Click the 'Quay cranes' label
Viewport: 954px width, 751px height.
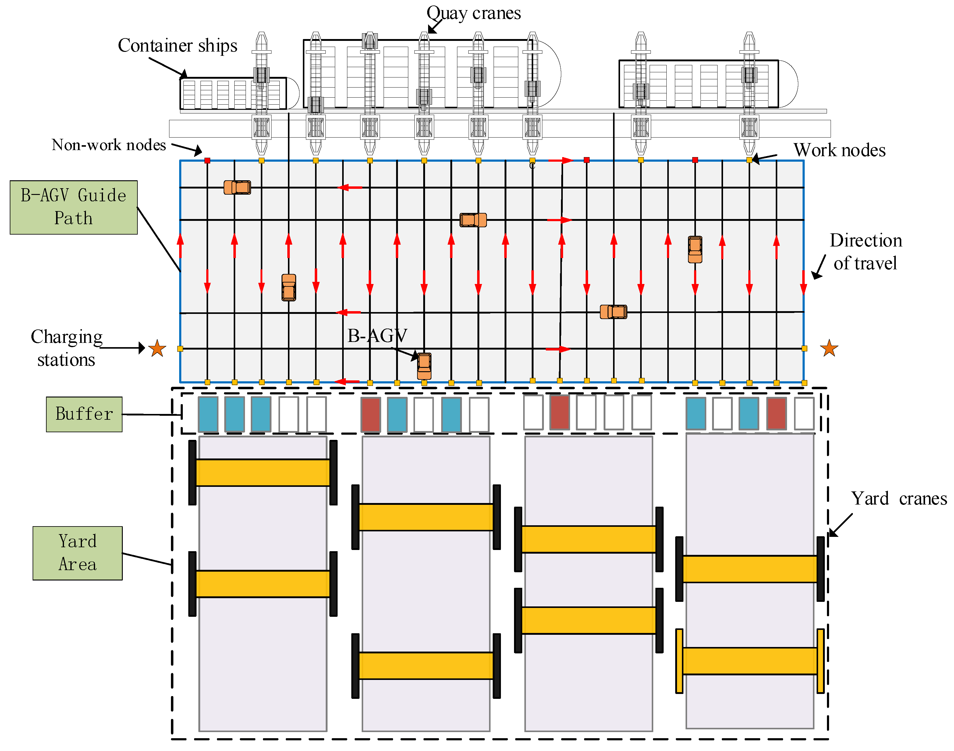473,13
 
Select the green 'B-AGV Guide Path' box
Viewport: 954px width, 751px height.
73,207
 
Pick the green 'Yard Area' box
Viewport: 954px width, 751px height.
77,553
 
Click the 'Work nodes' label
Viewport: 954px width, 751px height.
839,150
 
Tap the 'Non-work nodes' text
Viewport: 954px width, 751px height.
108,145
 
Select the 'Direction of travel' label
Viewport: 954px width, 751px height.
865,252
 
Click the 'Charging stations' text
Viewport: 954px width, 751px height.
66,348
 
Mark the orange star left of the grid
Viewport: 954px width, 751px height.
157,348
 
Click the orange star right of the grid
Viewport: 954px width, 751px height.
829,348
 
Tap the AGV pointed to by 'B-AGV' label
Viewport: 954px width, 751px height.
424,366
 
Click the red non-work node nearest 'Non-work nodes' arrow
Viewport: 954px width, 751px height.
207,160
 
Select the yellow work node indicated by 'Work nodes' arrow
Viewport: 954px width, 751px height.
749,160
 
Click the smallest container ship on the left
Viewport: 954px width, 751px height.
233,94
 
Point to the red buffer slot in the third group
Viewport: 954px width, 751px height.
560,412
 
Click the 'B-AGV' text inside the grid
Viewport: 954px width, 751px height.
377,336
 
